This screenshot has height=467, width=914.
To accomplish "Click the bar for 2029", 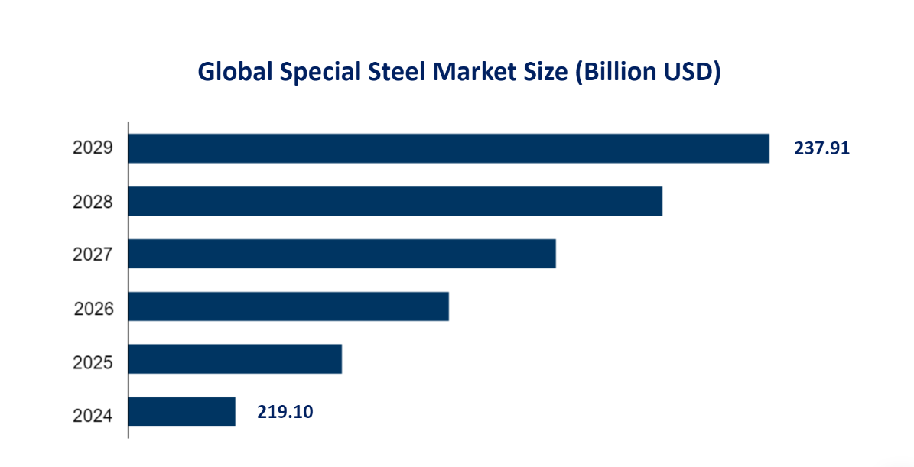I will click(x=448, y=148).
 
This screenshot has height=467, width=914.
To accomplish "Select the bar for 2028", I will click(x=395, y=201).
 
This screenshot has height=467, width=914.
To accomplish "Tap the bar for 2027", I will click(x=341, y=254).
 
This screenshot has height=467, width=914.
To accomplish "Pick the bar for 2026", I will click(x=288, y=306).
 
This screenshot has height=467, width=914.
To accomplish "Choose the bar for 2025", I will click(x=234, y=359).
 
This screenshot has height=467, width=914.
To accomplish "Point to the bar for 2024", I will click(x=181, y=412).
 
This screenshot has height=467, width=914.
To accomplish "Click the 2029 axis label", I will click(x=93, y=149).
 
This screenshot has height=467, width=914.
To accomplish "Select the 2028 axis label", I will click(x=93, y=203).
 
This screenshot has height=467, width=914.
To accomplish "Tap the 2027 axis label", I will click(x=93, y=255).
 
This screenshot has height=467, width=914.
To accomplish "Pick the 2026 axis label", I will click(x=93, y=309).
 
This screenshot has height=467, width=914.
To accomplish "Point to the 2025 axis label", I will click(x=93, y=362).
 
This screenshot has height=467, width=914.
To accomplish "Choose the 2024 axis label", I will click(x=93, y=416).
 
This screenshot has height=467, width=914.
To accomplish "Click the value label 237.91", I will click(x=821, y=148).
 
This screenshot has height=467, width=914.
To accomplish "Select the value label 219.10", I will click(x=285, y=413).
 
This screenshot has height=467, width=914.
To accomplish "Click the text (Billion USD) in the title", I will click(x=647, y=72).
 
